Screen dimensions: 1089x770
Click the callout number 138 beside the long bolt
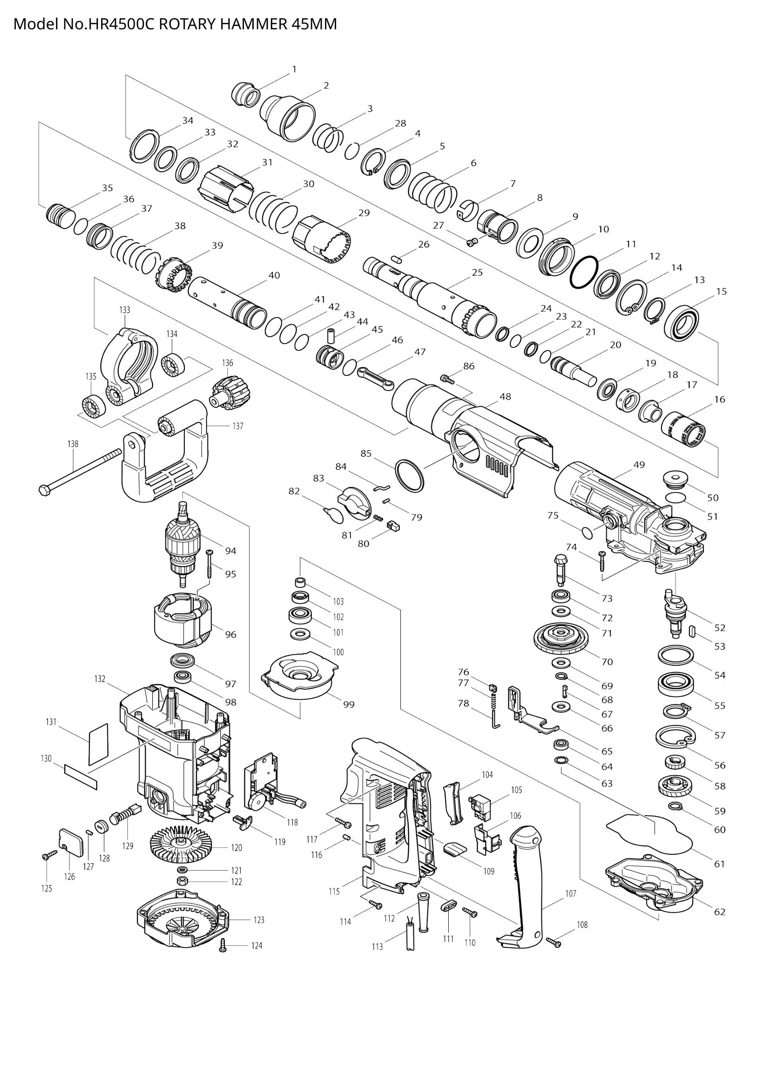pyautogui.click(x=73, y=444)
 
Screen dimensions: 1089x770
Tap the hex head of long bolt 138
pyautogui.click(x=44, y=490)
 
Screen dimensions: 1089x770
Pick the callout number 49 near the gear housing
pyautogui.click(x=639, y=465)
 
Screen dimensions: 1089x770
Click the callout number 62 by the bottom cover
pyautogui.click(x=719, y=912)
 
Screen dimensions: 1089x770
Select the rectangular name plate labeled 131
pyautogui.click(x=99, y=744)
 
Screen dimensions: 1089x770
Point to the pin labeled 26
pyautogui.click(x=397, y=258)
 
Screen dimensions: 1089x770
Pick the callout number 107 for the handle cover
pyautogui.click(x=570, y=893)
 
